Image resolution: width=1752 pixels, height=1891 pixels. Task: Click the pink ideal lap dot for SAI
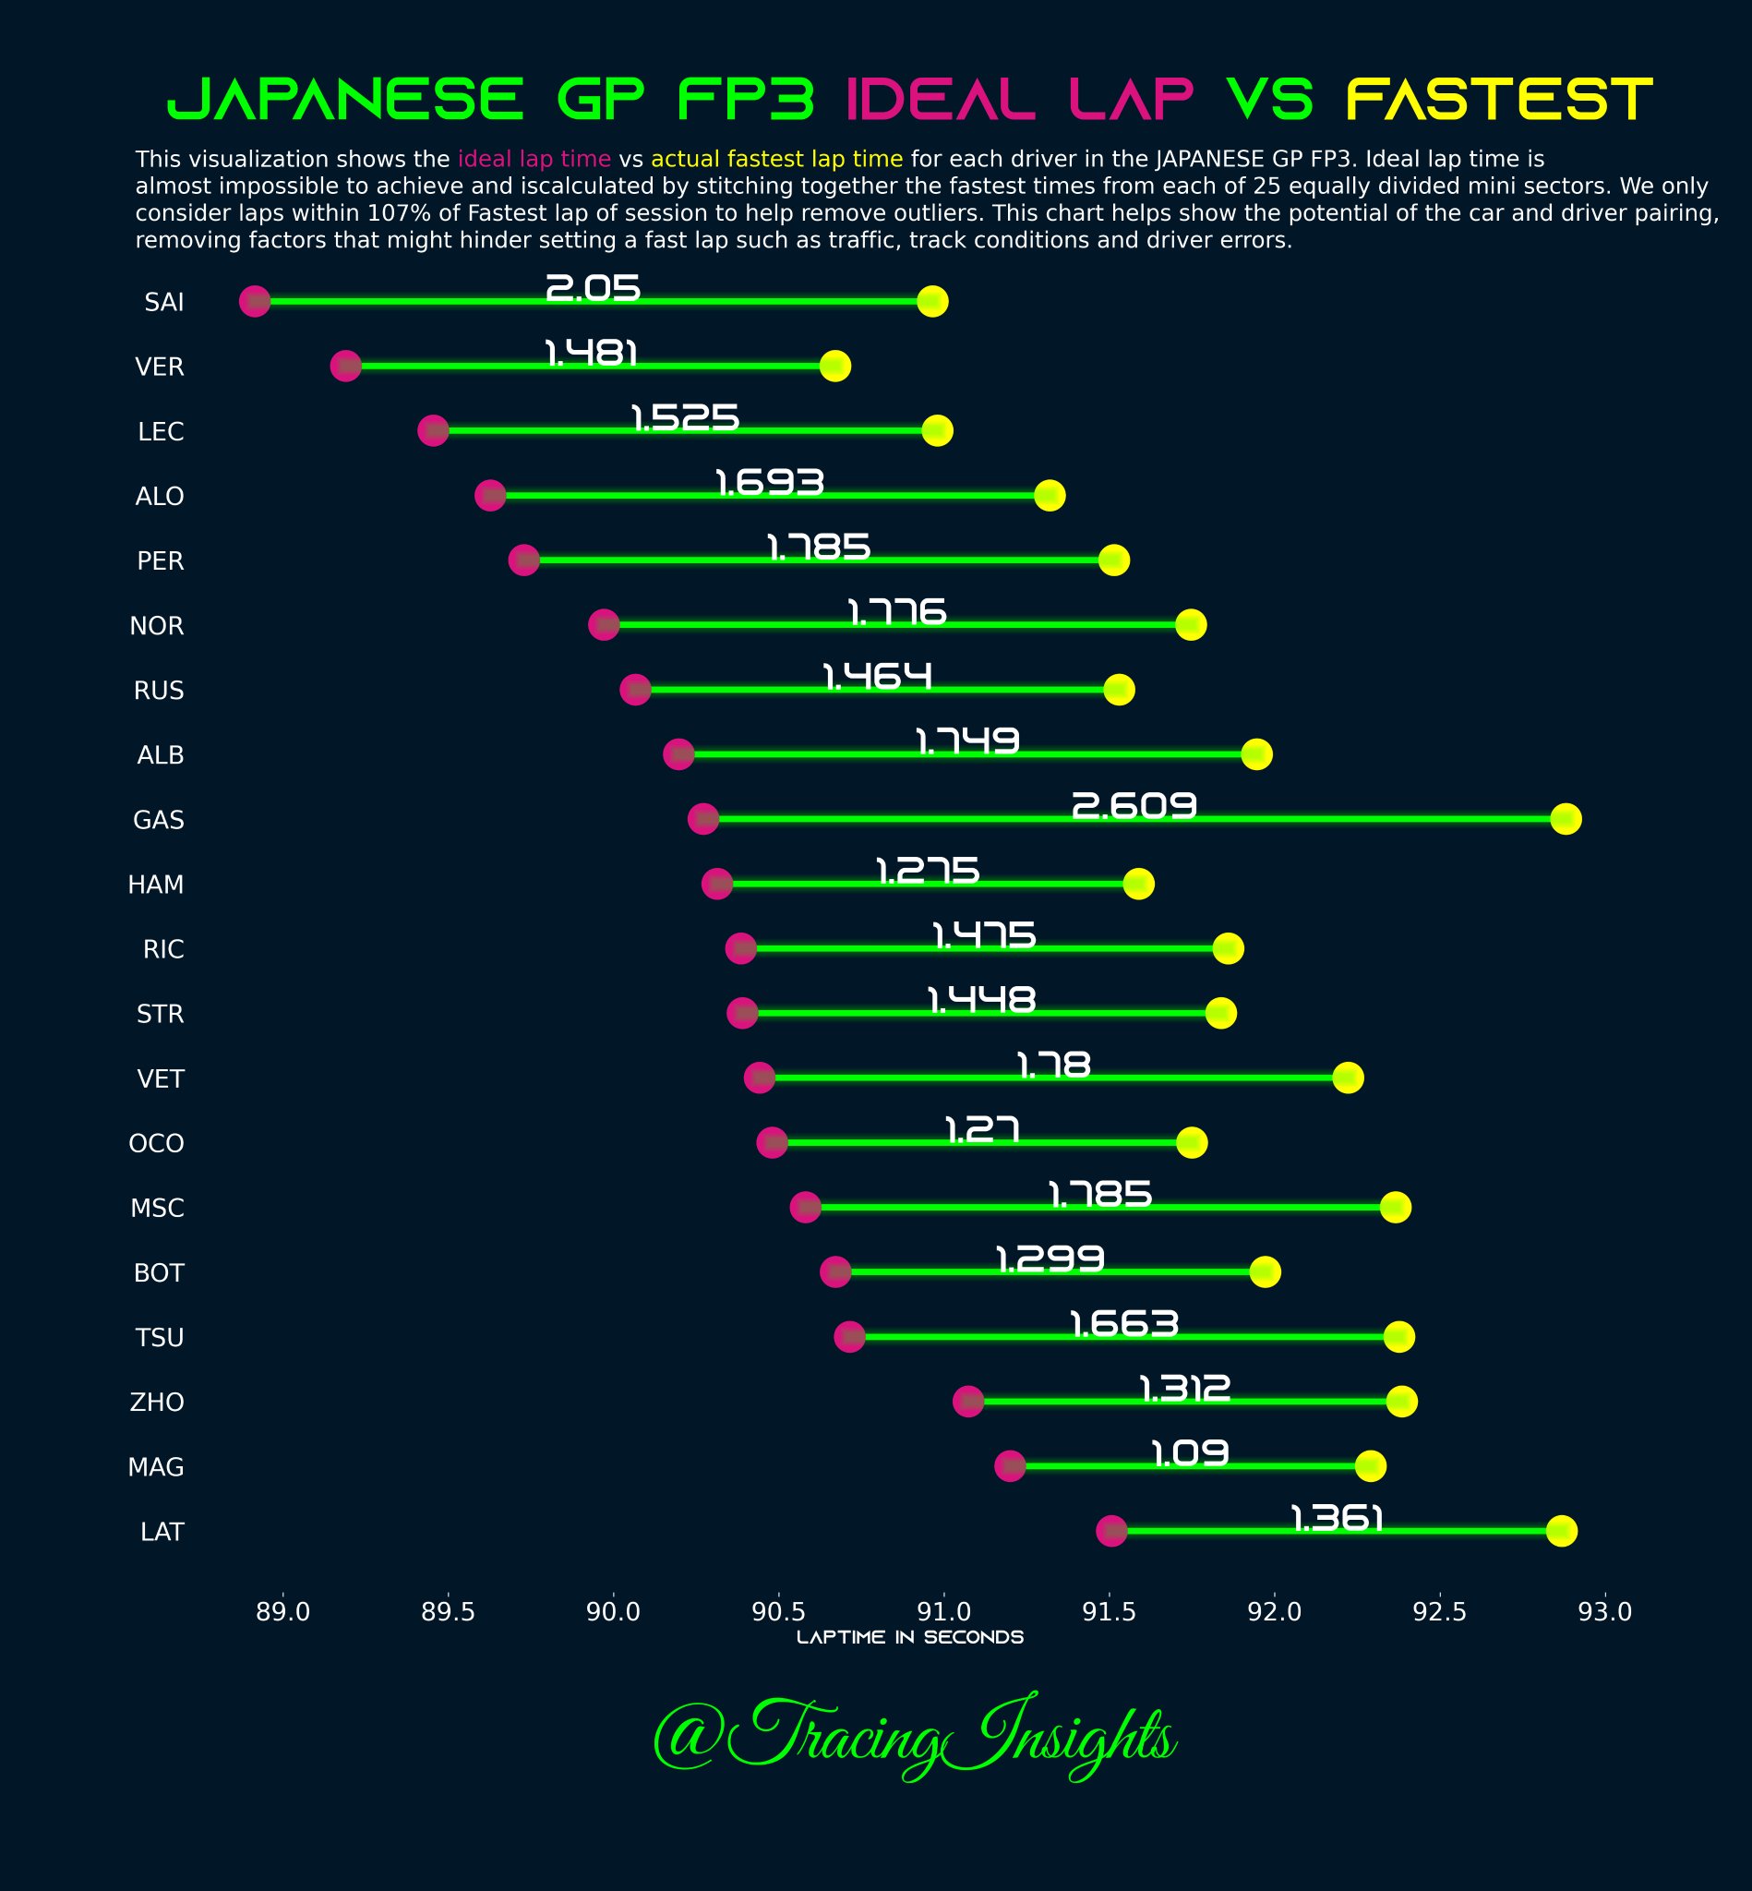tap(254, 302)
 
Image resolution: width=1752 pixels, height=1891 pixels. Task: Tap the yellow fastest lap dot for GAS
tap(1566, 818)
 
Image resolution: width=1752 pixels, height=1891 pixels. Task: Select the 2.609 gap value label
tap(1134, 806)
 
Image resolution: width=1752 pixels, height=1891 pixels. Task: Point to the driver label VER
tap(160, 367)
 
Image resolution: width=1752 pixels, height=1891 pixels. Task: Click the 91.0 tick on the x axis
tap(943, 1611)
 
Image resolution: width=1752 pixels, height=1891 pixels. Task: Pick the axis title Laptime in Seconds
tap(909, 1637)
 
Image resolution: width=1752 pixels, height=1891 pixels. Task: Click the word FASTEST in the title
tap(1499, 101)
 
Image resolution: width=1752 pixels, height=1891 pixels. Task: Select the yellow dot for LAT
tap(1561, 1531)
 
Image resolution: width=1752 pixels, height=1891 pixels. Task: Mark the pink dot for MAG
tap(1010, 1465)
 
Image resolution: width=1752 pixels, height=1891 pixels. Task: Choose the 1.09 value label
tap(1190, 1452)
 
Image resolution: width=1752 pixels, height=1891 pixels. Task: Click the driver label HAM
tap(156, 885)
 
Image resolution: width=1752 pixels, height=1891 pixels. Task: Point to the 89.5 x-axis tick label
tap(448, 1611)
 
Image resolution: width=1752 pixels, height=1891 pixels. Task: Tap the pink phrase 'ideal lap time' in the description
tap(534, 159)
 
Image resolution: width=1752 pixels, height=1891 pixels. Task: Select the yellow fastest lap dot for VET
tap(1347, 1078)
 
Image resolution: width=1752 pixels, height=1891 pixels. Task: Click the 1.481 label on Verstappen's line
tap(591, 354)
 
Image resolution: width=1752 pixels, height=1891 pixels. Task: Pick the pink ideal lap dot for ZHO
tap(968, 1401)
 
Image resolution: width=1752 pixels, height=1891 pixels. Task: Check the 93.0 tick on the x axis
tap(1604, 1611)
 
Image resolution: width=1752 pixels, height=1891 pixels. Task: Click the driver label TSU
tap(160, 1337)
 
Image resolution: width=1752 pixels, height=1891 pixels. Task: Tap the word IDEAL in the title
tap(939, 101)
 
